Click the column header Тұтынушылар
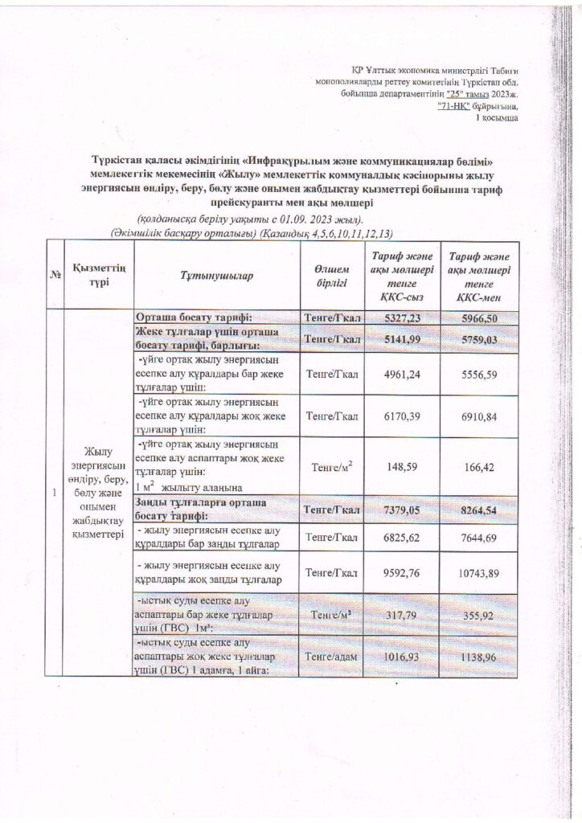[x=216, y=276]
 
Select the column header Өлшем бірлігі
[x=332, y=276]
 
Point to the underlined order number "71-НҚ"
[x=455, y=106]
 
